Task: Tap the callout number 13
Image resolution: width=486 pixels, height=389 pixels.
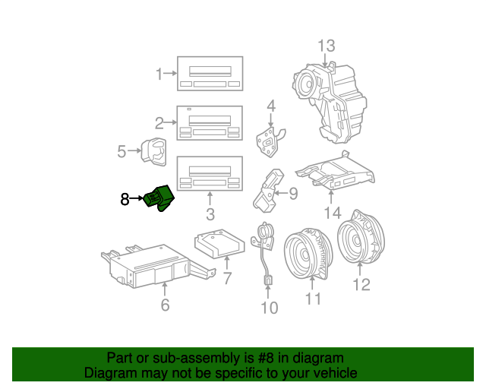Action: (x=326, y=46)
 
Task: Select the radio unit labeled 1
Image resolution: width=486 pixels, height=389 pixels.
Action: (x=210, y=74)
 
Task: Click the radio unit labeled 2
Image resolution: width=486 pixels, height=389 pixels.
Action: (x=210, y=124)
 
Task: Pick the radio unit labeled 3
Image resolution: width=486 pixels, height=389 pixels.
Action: (x=210, y=174)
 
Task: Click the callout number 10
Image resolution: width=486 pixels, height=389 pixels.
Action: (x=270, y=308)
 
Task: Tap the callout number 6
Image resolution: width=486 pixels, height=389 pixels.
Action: (x=165, y=305)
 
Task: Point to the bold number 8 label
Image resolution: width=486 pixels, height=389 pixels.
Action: (x=125, y=200)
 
